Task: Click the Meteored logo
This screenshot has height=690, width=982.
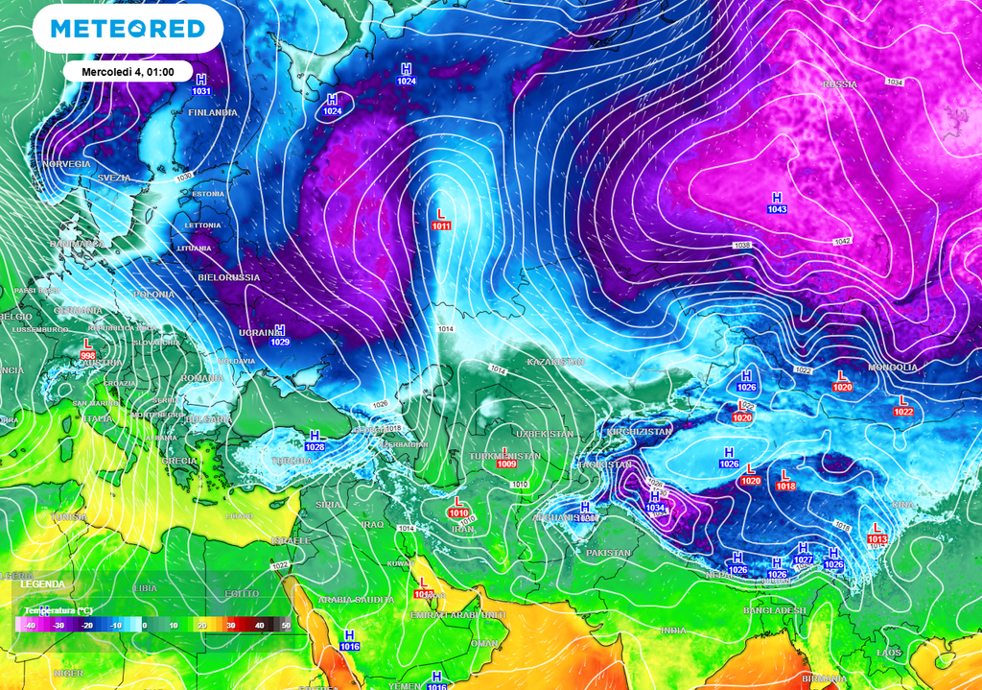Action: coord(128,29)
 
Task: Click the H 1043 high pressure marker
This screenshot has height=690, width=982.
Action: coord(777,203)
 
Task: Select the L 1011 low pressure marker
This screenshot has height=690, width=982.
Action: coord(441,220)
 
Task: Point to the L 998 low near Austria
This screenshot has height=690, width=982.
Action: coord(88,348)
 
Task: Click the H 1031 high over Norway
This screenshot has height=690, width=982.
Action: coord(201,84)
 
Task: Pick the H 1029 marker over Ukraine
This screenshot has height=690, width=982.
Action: coord(280,335)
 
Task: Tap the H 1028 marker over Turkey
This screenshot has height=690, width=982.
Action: coord(315,440)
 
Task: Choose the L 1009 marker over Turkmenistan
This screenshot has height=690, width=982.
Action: coord(507,458)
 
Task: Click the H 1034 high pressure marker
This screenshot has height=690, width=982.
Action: coord(656,501)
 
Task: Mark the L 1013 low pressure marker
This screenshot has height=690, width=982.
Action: coord(877,533)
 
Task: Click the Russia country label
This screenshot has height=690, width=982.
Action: coord(839,84)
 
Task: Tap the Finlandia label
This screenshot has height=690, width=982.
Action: coord(213,112)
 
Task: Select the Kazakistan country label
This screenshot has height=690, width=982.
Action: coord(554,362)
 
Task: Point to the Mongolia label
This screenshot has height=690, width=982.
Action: coord(893,368)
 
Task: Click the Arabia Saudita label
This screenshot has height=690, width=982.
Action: coord(356,599)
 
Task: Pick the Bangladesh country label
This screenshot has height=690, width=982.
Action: coord(773,610)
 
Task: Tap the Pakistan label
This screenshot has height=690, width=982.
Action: coord(608,553)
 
